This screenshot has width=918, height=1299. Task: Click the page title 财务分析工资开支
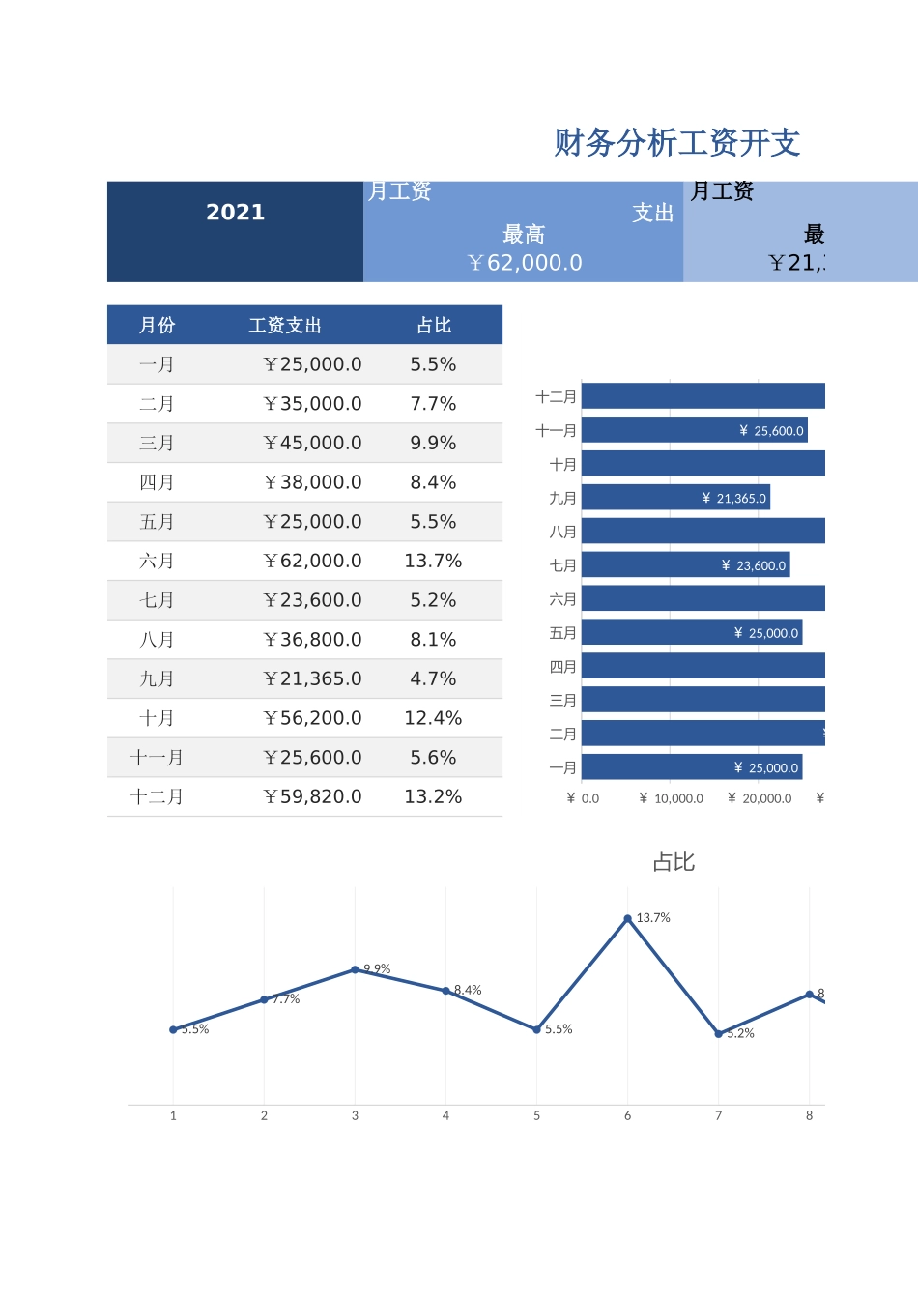(x=676, y=143)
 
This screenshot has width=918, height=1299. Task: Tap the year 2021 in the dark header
(x=235, y=213)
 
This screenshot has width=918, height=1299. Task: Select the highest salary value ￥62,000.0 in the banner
(x=525, y=263)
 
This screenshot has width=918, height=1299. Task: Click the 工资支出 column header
(x=285, y=326)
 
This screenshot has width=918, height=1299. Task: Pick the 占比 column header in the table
(x=434, y=326)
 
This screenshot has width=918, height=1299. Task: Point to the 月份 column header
(x=157, y=326)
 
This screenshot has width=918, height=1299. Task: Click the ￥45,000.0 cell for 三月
(x=312, y=444)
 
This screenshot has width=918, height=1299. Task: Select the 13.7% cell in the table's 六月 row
(x=433, y=562)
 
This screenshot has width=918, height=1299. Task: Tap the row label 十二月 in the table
(x=157, y=797)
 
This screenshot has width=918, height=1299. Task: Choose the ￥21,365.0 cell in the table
(x=312, y=679)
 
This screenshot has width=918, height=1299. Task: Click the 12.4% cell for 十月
(x=433, y=719)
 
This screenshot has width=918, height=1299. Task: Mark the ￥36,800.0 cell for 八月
(x=312, y=640)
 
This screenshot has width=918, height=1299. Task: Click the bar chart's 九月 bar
(x=675, y=498)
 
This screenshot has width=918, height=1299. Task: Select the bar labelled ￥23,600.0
(x=686, y=565)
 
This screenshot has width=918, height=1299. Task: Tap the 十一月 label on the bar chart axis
(x=557, y=431)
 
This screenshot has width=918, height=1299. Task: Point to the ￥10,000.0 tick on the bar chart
(x=672, y=798)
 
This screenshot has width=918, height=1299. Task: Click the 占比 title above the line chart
(x=674, y=862)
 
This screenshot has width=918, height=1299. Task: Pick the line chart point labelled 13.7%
(x=628, y=919)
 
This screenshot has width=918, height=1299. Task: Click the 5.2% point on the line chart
(x=719, y=1034)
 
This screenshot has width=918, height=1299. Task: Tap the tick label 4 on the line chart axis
(x=445, y=1116)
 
